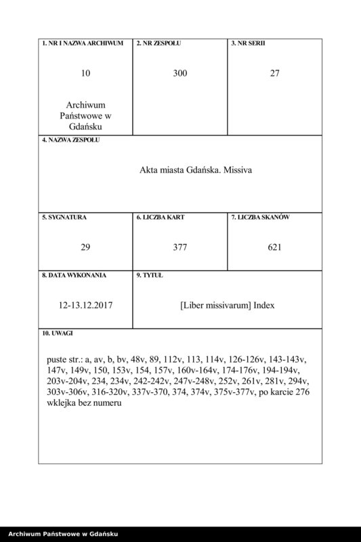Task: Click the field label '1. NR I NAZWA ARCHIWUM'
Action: coord(82,43)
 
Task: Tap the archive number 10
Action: coord(85,73)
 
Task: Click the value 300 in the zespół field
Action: coord(179,73)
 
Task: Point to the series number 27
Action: coord(274,73)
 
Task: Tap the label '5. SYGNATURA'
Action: coord(64,217)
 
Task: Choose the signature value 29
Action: coord(85,247)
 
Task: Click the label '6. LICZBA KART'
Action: coord(161,217)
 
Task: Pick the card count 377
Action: coord(179,247)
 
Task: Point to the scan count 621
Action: coord(274,247)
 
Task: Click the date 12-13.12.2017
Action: coord(85,306)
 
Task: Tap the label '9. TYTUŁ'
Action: coord(149,276)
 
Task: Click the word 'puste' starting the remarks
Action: coord(59,358)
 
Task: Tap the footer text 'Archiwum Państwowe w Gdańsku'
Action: coord(61,535)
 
